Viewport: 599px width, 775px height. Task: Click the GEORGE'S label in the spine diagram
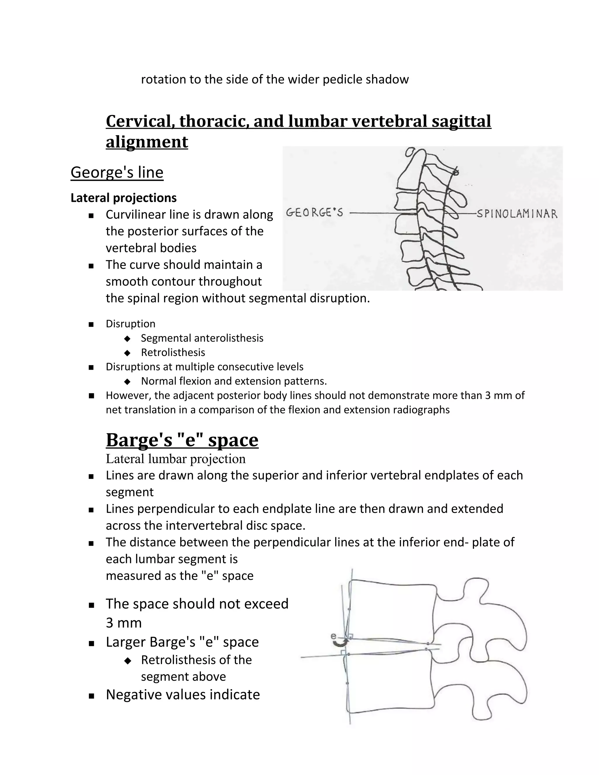[314, 213]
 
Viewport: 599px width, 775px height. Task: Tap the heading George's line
[117, 173]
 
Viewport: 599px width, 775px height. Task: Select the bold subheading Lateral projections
[123, 198]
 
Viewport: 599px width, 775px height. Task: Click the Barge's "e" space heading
[182, 440]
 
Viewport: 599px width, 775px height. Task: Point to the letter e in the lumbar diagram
[333, 636]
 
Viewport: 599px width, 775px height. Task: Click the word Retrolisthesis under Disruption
[173, 352]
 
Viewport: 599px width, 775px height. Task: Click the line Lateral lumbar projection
[176, 459]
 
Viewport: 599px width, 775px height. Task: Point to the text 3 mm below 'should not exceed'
[123, 623]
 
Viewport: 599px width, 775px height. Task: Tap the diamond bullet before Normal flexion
[128, 381]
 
